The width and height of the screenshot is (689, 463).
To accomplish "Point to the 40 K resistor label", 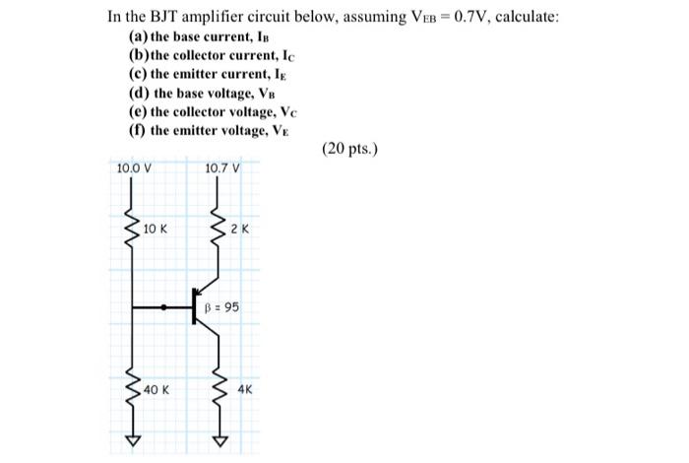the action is tap(157, 390).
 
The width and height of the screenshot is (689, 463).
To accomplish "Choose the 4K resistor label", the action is tap(245, 390).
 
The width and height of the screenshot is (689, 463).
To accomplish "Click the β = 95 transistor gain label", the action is tap(221, 307).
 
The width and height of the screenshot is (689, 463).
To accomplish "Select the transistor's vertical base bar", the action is tap(195, 307).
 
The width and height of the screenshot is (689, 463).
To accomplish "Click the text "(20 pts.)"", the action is tap(349, 150).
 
